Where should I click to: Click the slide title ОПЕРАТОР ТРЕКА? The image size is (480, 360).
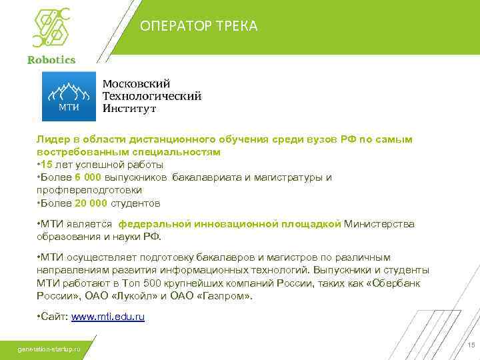[x=199, y=26]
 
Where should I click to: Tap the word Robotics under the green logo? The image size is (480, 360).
[x=51, y=59]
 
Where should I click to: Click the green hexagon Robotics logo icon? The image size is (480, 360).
[x=51, y=26]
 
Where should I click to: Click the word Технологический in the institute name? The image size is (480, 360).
[x=152, y=96]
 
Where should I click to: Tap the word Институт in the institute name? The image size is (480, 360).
[x=129, y=108]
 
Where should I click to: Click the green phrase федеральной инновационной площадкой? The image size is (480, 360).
[x=235, y=224]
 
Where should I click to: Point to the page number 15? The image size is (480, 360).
[x=471, y=345]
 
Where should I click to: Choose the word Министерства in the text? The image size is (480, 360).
[x=379, y=224]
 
